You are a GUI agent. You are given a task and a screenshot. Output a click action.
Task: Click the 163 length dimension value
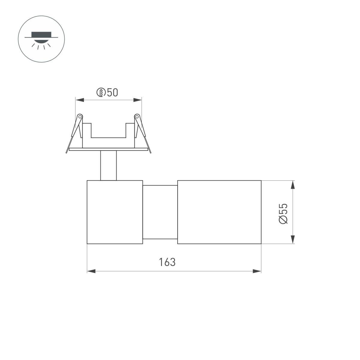[x=167, y=262]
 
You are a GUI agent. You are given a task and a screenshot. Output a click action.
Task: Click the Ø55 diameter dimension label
[x=283, y=213]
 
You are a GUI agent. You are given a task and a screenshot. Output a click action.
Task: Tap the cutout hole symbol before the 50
[x=101, y=92]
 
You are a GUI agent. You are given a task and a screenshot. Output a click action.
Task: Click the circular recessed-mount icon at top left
[x=41, y=40]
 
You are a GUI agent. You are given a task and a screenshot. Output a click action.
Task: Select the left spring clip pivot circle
[x=80, y=116]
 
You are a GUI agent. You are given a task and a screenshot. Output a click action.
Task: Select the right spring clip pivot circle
[x=137, y=116]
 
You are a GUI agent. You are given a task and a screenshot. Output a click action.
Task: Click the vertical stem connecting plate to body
[x=108, y=166]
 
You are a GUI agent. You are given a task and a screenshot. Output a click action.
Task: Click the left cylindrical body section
[x=115, y=212]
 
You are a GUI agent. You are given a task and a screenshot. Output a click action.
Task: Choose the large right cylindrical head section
[x=219, y=212]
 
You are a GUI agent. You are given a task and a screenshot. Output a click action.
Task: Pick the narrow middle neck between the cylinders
[x=160, y=212]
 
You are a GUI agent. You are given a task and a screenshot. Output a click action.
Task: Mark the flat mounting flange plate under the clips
[x=108, y=149]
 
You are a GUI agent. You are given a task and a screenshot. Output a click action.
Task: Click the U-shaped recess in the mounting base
[x=108, y=132]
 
